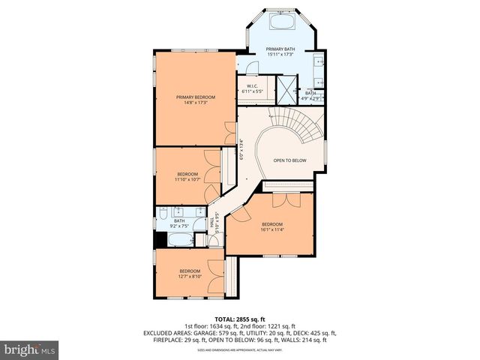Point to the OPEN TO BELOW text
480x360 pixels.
289,160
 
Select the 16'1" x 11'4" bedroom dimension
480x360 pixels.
272,229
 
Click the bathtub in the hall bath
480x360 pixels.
179,240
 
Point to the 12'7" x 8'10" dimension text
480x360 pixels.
190,275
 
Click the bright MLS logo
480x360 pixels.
30,349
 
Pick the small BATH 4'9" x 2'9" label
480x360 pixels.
310,94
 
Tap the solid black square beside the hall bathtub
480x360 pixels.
160,240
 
